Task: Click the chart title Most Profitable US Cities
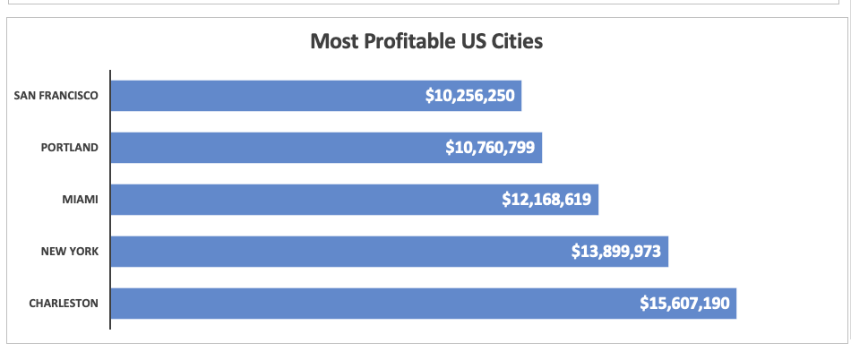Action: tap(426, 41)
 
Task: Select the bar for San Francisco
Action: tap(269, 96)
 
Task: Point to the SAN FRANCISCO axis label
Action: tap(56, 96)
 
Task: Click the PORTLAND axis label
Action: tap(70, 148)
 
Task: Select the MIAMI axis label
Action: tap(80, 200)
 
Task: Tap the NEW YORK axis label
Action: tap(70, 252)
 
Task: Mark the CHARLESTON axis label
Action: tap(64, 304)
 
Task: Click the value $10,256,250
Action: tap(470, 96)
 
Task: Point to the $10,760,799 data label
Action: tap(490, 148)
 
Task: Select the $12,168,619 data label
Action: tap(546, 200)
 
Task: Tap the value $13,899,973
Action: tap(616, 252)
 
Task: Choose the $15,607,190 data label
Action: tap(685, 304)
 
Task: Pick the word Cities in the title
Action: tap(517, 41)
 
